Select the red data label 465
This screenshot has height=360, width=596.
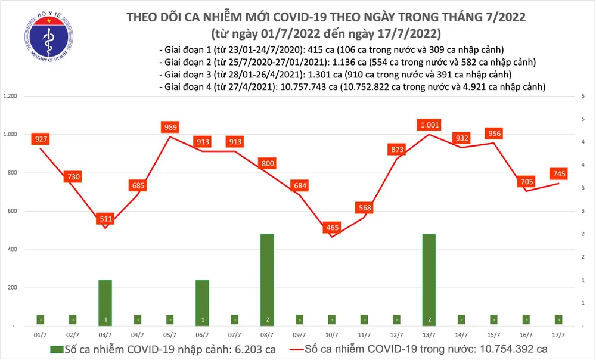point(333,228)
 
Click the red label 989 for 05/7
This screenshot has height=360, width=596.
point(170,127)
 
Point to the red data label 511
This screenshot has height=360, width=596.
point(105,219)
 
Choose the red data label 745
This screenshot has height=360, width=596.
point(559,174)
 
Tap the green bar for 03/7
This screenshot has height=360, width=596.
point(105,302)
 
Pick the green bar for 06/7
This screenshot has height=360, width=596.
point(203,302)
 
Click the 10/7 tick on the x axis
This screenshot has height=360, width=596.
point(333,335)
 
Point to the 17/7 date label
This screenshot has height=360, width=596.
point(559,335)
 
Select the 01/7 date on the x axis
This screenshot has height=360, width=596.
point(41,335)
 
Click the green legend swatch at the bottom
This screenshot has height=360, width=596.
point(57,349)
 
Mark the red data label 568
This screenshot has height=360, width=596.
point(365,207)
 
